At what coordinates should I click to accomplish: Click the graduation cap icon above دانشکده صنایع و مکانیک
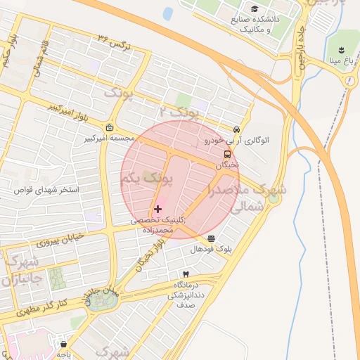(x=254, y=8)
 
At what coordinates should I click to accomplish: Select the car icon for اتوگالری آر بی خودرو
(x=237, y=130)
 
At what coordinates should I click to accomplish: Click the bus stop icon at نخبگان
(x=227, y=154)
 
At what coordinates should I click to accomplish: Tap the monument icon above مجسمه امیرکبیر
(x=109, y=127)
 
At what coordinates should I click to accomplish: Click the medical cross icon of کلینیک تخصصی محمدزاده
(x=157, y=209)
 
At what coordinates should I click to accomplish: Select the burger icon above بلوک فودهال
(x=212, y=239)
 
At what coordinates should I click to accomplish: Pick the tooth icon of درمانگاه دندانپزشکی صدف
(x=186, y=274)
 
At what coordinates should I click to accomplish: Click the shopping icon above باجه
(x=65, y=345)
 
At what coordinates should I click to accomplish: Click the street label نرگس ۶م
(x=114, y=41)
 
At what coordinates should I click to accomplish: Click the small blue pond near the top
(x=168, y=13)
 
